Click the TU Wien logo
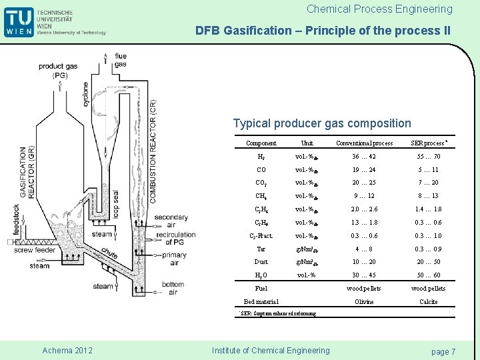coord(19,21)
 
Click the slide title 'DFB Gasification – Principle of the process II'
coord(323,31)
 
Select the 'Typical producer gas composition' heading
coord(322,123)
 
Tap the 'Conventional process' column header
coord(364,143)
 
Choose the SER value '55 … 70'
coord(428,157)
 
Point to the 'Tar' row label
coord(261,249)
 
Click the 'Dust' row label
coord(261,262)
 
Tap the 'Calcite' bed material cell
coord(428,302)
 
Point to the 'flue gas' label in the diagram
coord(121,60)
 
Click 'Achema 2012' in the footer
coord(67,351)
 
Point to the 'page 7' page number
coord(443,351)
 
